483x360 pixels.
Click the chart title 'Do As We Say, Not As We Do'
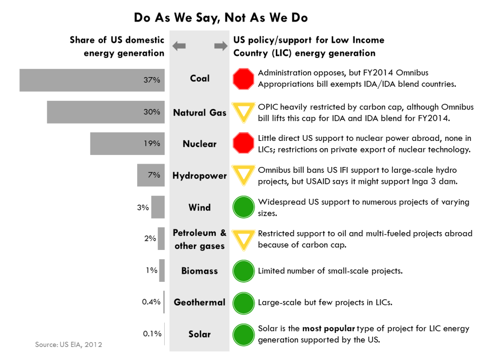click(221, 18)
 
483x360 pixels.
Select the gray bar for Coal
click(92, 80)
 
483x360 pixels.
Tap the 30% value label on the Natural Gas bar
click(151, 112)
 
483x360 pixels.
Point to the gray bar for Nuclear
click(127, 144)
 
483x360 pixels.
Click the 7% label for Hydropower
click(154, 175)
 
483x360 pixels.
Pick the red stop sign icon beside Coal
click(243, 79)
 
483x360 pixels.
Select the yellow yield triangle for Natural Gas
click(243, 111)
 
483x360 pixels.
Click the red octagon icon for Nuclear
click(243, 143)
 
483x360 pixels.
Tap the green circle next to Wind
click(243, 208)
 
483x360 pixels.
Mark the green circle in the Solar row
click(243, 334)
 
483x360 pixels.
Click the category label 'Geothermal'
click(199, 303)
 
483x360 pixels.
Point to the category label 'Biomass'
click(199, 271)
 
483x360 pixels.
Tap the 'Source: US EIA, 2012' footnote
click(68, 345)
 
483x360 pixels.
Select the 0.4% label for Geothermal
click(151, 302)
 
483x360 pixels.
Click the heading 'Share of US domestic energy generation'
click(117, 46)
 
